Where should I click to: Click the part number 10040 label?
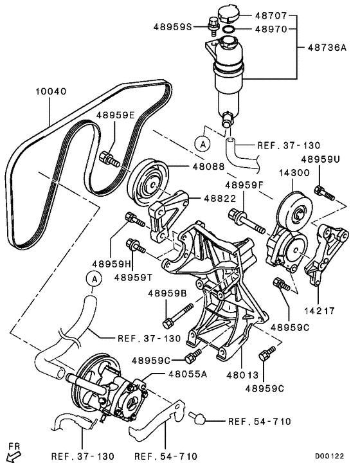coord(51,91)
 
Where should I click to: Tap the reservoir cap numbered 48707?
coord(228,15)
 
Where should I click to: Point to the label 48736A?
coord(327,48)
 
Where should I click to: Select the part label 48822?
coord(221,198)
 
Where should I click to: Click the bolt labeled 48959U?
coord(324,193)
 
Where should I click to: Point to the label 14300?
coord(294,173)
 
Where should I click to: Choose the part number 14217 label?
coord(319,311)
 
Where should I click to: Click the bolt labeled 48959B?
coord(178,316)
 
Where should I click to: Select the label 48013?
coord(242,375)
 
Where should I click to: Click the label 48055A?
coord(188,374)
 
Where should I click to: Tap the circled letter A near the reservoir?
coord(203,145)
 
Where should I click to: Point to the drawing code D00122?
coord(329,456)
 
